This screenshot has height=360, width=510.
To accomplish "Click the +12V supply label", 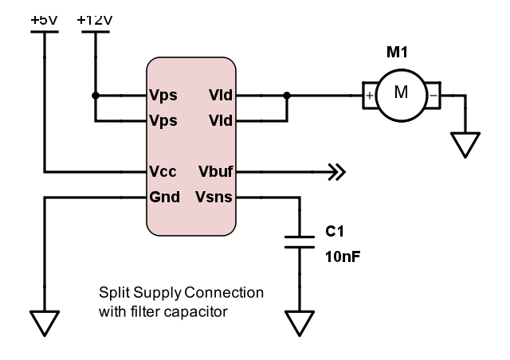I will click(95, 18).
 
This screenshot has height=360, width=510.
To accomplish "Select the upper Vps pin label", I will click(163, 96).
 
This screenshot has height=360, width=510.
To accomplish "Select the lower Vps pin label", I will click(163, 121).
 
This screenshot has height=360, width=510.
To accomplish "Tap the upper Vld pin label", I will click(221, 96).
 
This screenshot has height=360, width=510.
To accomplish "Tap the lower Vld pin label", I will click(221, 121).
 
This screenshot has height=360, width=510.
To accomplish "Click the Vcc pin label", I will click(163, 171).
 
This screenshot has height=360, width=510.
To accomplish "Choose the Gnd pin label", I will click(164, 197).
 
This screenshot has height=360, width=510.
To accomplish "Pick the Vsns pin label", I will click(214, 197).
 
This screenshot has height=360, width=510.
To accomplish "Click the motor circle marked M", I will click(401, 93).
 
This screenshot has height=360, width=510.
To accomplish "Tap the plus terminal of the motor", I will click(370, 95).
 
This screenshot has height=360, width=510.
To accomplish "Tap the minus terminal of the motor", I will click(432, 95).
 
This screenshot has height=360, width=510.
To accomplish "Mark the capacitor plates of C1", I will click(299, 241).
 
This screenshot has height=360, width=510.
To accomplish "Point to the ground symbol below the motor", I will click(465, 143).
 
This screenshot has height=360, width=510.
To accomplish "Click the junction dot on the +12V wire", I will click(95, 96).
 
